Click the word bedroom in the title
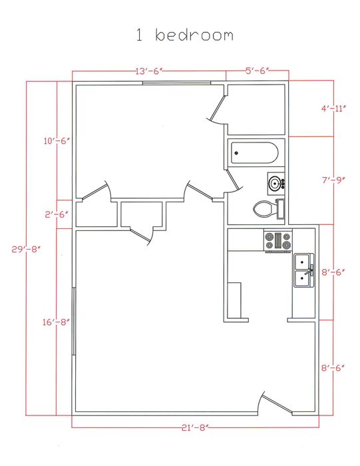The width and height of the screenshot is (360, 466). click(x=194, y=35)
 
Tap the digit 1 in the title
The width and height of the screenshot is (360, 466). click(x=140, y=35)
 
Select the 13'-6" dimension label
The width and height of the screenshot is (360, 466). click(x=149, y=71)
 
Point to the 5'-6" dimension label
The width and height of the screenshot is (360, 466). click(x=256, y=71)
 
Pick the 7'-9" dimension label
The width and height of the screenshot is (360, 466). click(x=332, y=180)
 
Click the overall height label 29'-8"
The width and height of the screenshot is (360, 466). click(x=27, y=249)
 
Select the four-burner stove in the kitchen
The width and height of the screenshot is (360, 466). click(x=277, y=240)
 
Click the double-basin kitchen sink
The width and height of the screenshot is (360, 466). click(x=303, y=270)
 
